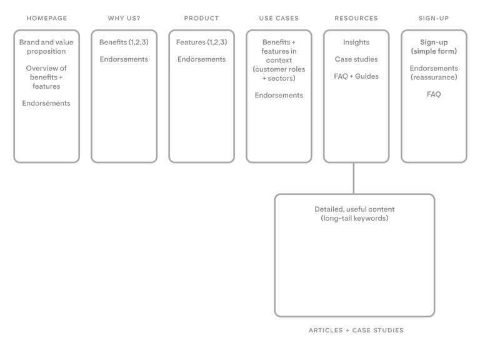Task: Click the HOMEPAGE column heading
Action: click(x=47, y=18)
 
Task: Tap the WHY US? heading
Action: click(x=124, y=18)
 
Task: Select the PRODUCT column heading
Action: click(x=201, y=18)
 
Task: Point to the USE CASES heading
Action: click(x=279, y=18)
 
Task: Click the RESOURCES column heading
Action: click(x=356, y=18)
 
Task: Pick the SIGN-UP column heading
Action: click(x=434, y=18)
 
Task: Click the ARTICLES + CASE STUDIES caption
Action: click(x=356, y=330)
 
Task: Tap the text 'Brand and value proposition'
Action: click(x=46, y=46)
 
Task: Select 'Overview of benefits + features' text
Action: click(x=46, y=77)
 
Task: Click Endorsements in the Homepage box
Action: click(x=46, y=103)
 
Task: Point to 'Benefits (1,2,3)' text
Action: click(x=124, y=42)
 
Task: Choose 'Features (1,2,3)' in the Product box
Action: click(x=201, y=42)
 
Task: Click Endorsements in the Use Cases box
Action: click(x=279, y=95)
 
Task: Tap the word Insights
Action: click(x=356, y=42)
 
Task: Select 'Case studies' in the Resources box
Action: click(x=356, y=59)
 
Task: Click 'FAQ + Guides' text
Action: click(x=356, y=76)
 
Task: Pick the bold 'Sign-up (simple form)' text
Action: click(x=434, y=46)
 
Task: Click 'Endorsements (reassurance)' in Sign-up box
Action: click(x=434, y=72)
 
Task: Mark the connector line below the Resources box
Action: click(x=354, y=178)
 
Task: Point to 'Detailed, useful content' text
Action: click(x=354, y=209)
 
